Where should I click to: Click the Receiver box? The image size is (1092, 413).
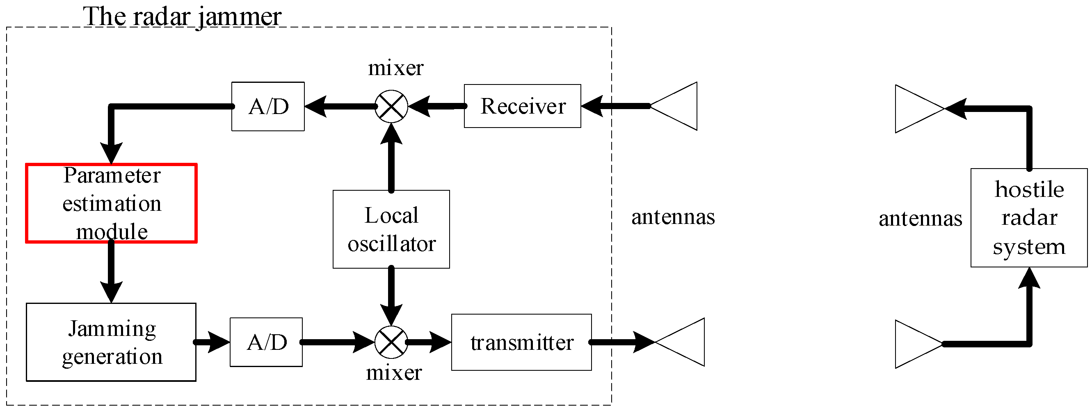tap(522, 106)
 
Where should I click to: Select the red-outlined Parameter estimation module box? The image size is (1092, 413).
tap(111, 203)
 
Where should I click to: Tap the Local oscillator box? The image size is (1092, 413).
tap(391, 229)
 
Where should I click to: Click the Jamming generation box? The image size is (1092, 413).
tap(111, 342)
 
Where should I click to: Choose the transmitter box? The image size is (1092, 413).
tap(521, 342)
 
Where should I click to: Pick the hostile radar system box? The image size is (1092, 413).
tap(1028, 217)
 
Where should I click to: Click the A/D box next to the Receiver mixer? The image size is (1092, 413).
tap(268, 106)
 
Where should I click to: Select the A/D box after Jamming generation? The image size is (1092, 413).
tap(266, 342)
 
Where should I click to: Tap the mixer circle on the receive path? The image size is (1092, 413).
tap(391, 106)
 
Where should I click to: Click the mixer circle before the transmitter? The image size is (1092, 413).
tap(391, 342)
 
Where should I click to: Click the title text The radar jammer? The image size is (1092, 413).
tap(182, 17)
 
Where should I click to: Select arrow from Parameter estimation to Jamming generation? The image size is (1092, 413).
tap(111, 272)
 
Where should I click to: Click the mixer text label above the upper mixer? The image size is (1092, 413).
tap(395, 68)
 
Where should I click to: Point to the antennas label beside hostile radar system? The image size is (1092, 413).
tap(920, 218)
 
